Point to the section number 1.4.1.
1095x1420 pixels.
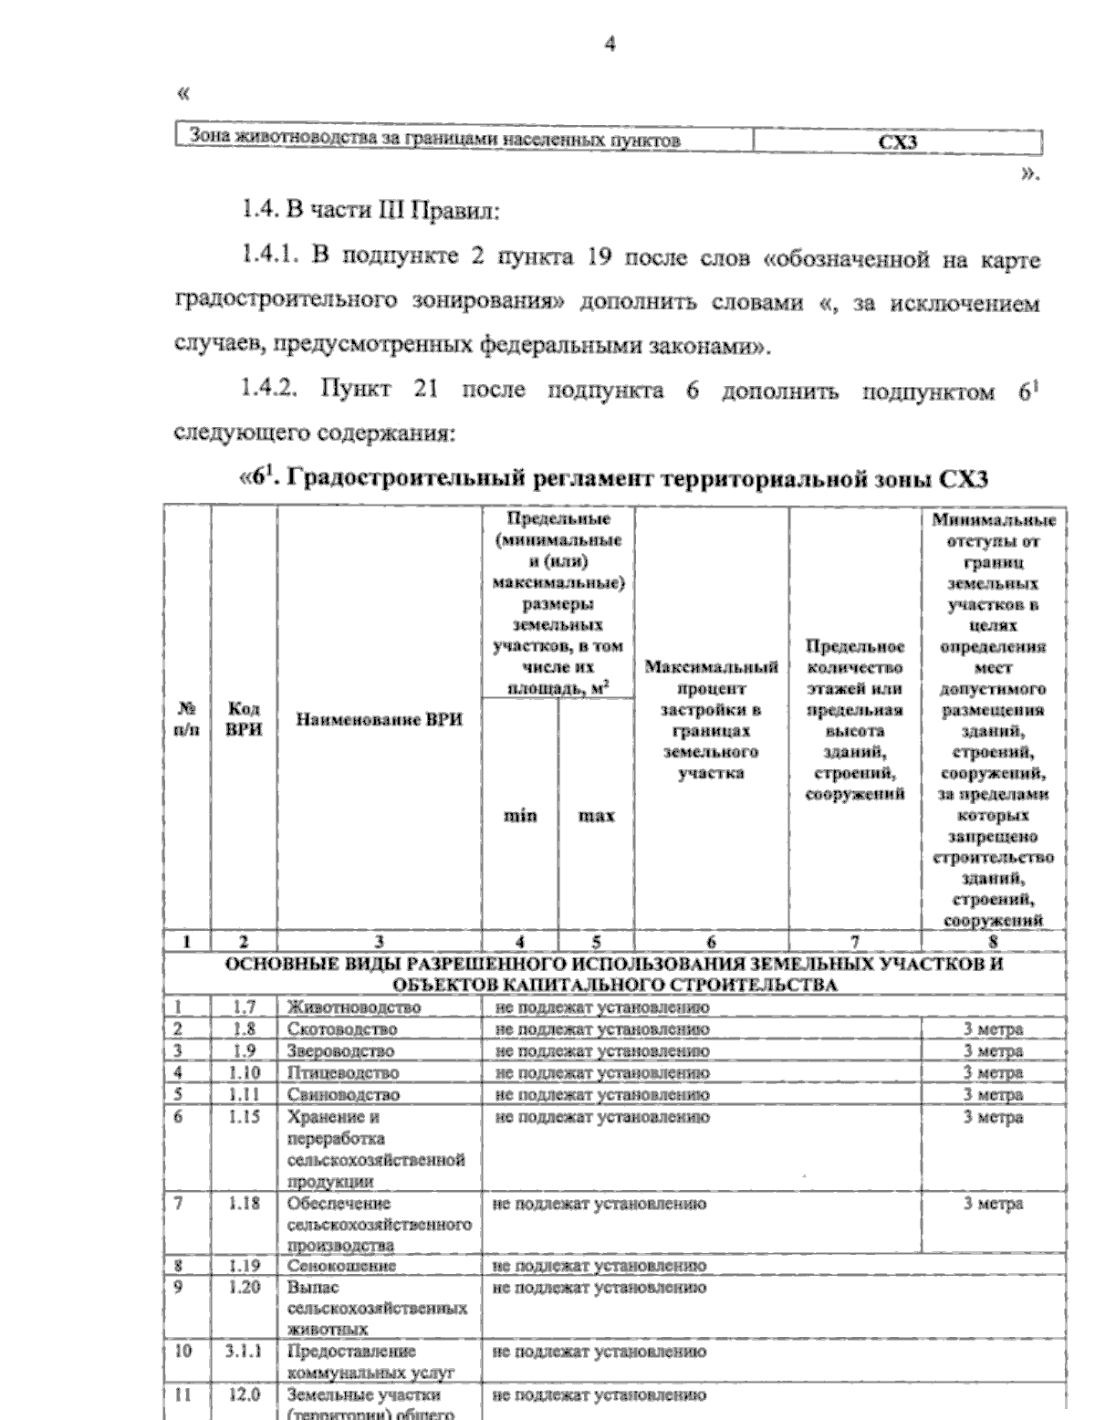click(x=272, y=258)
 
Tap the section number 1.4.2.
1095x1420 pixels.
click(x=272, y=390)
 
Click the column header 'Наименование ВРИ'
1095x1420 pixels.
click(x=379, y=720)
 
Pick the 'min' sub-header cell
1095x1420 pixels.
click(x=520, y=816)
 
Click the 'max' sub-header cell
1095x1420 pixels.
click(x=597, y=816)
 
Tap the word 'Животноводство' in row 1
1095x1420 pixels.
click(x=354, y=1008)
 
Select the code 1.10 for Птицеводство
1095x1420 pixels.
click(x=244, y=1072)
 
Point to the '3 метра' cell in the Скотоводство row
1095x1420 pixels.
click(x=994, y=1029)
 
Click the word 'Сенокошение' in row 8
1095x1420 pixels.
click(x=342, y=1267)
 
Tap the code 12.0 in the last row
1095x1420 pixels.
click(x=244, y=1394)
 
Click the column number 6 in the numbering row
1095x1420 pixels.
click(x=711, y=943)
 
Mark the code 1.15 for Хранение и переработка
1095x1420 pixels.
click(x=244, y=1116)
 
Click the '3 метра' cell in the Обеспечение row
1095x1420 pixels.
click(x=994, y=1204)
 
